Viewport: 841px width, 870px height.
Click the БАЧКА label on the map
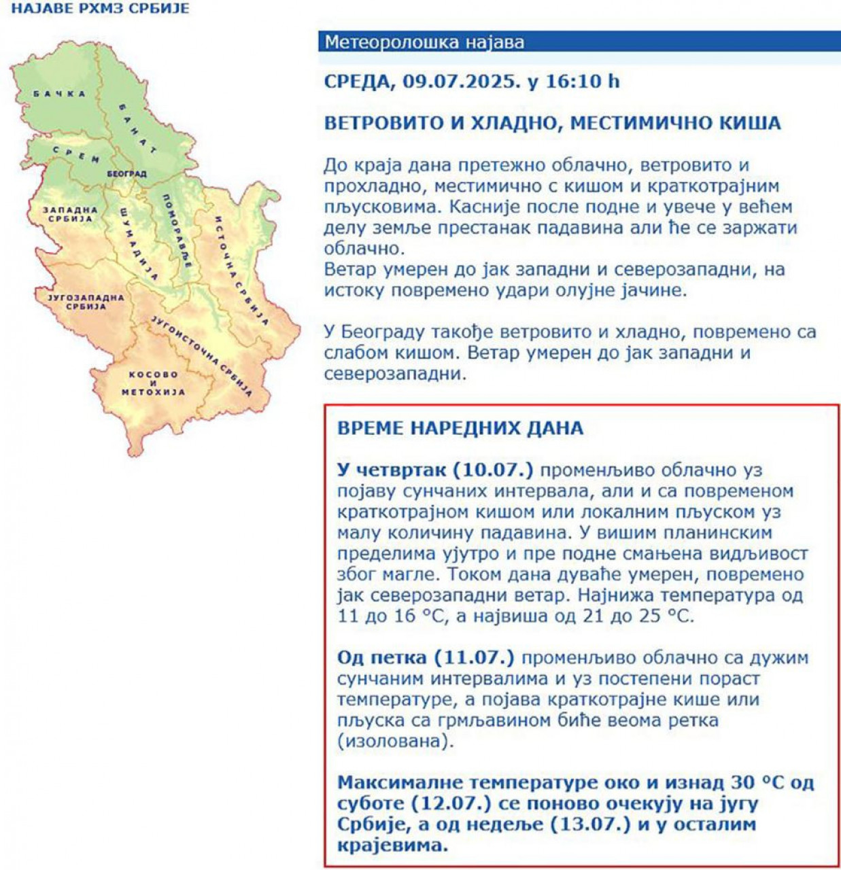coord(60,94)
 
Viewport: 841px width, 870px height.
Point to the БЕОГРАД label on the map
coord(126,174)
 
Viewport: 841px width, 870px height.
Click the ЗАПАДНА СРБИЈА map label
coord(70,214)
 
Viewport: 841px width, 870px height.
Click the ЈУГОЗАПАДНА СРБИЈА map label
coord(86,302)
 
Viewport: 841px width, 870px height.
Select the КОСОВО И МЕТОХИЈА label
coord(153,383)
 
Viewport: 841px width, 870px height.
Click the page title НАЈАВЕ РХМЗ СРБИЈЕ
coord(101,9)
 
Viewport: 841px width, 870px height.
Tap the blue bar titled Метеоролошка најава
coord(579,42)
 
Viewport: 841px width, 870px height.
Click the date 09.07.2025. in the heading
coord(461,82)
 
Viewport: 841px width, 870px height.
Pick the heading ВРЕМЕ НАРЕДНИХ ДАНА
coord(460,428)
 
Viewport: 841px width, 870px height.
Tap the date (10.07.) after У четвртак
coord(493,470)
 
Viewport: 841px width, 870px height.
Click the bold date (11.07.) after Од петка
coord(474,657)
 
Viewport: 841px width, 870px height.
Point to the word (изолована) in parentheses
coord(395,741)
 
